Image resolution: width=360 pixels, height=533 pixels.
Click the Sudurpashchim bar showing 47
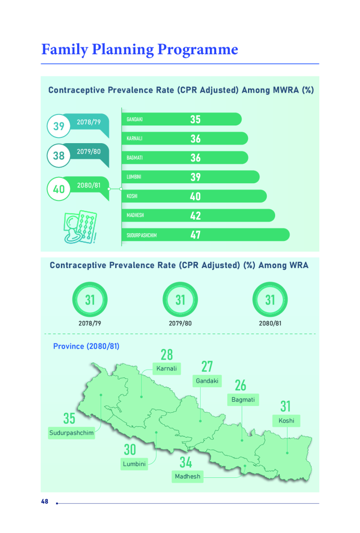(x=205, y=235)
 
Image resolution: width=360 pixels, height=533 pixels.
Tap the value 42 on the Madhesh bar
(x=195, y=215)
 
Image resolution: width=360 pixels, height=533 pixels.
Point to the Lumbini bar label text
(x=134, y=177)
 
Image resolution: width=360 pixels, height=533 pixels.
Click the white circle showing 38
(x=59, y=155)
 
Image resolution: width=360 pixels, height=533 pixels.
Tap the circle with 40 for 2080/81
(x=59, y=189)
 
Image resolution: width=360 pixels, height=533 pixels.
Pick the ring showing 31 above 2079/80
(x=180, y=300)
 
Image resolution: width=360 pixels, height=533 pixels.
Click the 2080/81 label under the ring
(x=270, y=323)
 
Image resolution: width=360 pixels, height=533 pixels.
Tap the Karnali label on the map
(x=167, y=369)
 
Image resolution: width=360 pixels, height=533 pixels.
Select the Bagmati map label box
(x=243, y=400)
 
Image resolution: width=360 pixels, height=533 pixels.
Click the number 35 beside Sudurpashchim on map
(x=69, y=418)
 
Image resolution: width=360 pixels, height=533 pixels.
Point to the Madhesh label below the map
(x=188, y=476)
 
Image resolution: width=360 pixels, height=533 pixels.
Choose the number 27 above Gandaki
(x=207, y=366)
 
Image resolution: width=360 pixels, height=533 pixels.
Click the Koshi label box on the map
(x=286, y=421)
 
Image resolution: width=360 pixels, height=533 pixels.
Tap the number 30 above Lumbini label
(x=130, y=450)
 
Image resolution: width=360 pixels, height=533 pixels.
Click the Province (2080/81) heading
(x=86, y=346)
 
